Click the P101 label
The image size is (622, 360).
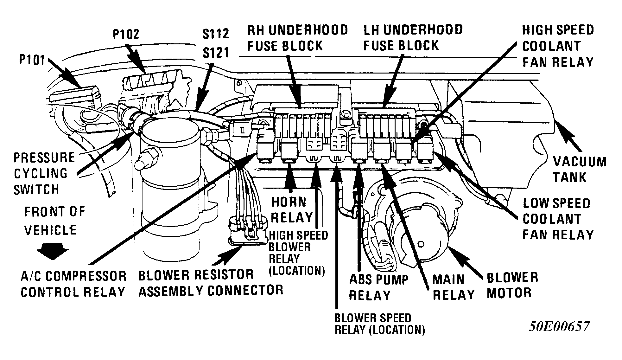pos(32,59)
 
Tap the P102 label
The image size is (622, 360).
pos(126,34)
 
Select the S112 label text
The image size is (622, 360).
pos(215,34)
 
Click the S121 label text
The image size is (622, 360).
pos(215,52)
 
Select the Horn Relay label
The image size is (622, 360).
pos(292,210)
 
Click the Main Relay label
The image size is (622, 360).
pos(453,287)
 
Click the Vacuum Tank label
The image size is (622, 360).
pos(579,169)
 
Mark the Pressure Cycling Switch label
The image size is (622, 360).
pos(44,173)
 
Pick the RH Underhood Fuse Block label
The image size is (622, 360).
pos(297,38)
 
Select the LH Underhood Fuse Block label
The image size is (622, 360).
pos(413,38)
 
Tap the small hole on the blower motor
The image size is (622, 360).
pos(421,244)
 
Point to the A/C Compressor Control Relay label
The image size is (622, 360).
pos(73,284)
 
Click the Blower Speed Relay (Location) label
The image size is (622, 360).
pos(379,324)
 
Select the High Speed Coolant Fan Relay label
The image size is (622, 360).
pos(557,46)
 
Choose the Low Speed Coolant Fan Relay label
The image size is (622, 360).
pos(557,219)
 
